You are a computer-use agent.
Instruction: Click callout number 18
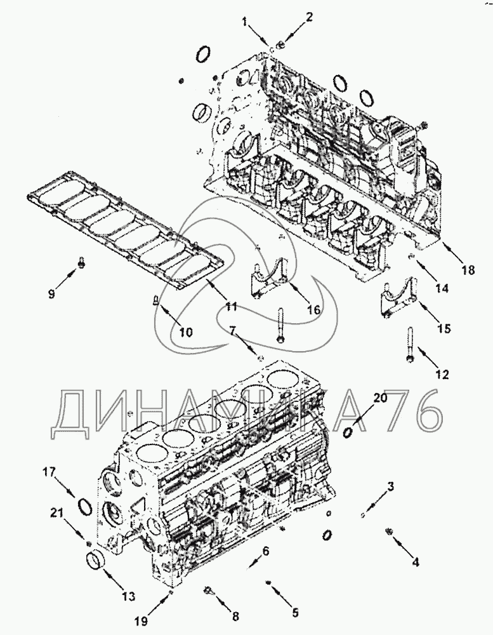coord(468,271)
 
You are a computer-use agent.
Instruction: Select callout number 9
coord(53,293)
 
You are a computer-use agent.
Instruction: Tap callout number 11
coord(230,307)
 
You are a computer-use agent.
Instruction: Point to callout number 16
coord(312,309)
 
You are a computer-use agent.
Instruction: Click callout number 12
coord(442,375)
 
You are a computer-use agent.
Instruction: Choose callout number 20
coord(380,398)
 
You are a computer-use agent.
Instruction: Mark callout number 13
coord(129,596)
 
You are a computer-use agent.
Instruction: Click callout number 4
coord(415,561)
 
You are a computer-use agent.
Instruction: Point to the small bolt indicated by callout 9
coord(81,262)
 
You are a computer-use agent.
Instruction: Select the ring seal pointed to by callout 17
coord(84,506)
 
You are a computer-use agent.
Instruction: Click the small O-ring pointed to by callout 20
coord(348,432)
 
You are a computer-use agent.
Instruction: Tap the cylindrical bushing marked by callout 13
coord(95,562)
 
